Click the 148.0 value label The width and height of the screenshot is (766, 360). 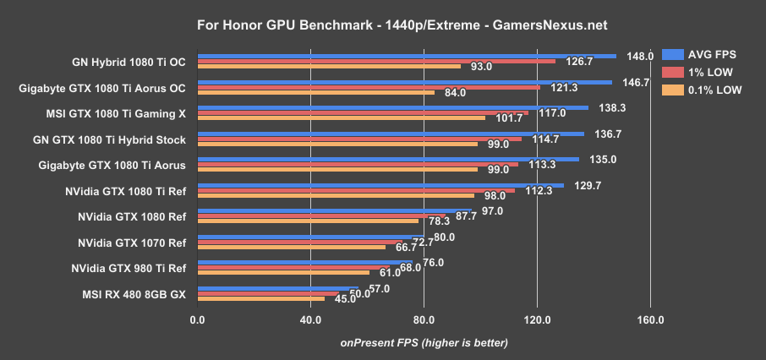pyautogui.click(x=640, y=56)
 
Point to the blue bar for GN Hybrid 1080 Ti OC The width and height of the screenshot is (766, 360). pyautogui.click(x=406, y=56)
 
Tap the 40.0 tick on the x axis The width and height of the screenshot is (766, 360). pyautogui.click(x=310, y=319)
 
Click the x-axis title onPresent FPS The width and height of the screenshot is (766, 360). pyautogui.click(x=424, y=342)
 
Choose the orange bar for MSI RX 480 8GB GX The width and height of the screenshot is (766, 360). pyautogui.click(x=260, y=298)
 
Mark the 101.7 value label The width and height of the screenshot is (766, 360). pyautogui.click(x=509, y=117)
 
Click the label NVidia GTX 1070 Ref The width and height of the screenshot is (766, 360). pyautogui.click(x=131, y=242)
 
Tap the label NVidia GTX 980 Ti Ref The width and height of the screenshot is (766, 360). pyautogui.click(x=131, y=268)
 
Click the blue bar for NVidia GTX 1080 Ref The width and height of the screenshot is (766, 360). pyautogui.click(x=334, y=211)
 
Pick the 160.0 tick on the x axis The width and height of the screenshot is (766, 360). pyautogui.click(x=650, y=319)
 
